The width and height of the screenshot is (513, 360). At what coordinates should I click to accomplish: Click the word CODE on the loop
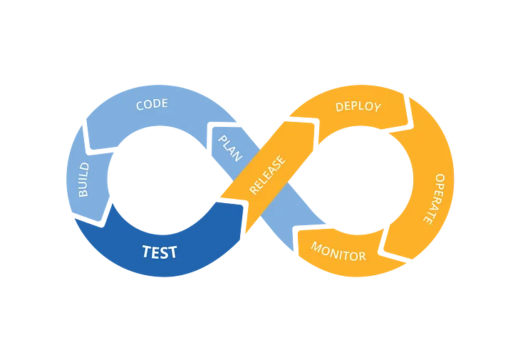coord(152,104)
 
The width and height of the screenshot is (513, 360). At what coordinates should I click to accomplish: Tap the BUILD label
coord(83,180)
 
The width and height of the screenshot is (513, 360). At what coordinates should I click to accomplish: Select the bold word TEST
coord(160,252)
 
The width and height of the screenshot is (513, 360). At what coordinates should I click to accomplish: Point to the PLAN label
coord(229,146)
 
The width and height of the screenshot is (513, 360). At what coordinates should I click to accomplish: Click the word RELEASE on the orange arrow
coord(268,175)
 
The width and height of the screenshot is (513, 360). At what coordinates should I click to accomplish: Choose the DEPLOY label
coord(358,107)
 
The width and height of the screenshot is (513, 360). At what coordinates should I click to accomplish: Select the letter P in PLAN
coord(222,138)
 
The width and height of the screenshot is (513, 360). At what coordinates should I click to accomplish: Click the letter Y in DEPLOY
coord(377,108)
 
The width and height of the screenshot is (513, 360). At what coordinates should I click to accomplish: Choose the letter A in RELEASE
coord(274,169)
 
